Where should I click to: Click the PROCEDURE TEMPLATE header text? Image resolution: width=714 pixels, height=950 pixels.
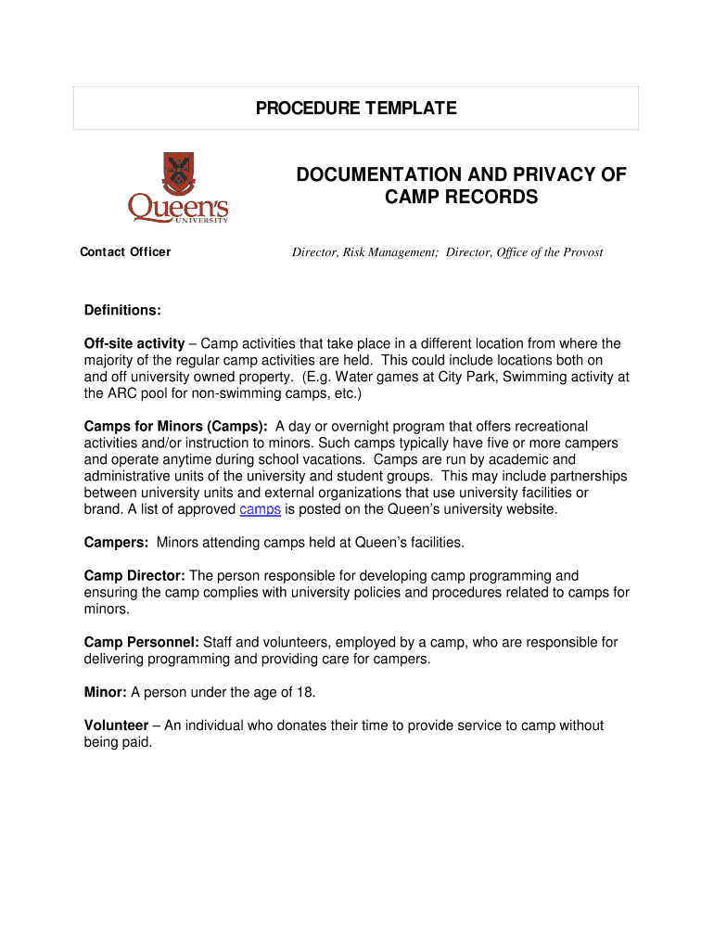pyautogui.click(x=356, y=109)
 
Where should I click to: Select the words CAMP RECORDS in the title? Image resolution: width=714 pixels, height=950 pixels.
pyautogui.click(x=461, y=198)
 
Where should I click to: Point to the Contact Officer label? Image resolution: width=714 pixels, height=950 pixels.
pyautogui.click(x=125, y=251)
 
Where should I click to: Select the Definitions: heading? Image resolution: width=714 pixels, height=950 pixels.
pyautogui.click(x=122, y=309)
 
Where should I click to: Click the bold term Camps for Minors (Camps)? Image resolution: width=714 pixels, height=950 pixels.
pyautogui.click(x=176, y=426)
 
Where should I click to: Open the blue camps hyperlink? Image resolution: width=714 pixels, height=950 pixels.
pyautogui.click(x=260, y=509)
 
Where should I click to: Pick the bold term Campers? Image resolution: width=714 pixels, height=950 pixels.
pyautogui.click(x=117, y=542)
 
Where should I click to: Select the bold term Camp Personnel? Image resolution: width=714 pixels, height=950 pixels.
pyautogui.click(x=142, y=642)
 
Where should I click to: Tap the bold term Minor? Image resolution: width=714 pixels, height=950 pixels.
pyautogui.click(x=106, y=691)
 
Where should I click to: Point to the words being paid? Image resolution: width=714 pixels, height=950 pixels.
pyautogui.click(x=117, y=742)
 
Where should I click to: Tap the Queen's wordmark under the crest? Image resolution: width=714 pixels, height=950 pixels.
pyautogui.click(x=178, y=207)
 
